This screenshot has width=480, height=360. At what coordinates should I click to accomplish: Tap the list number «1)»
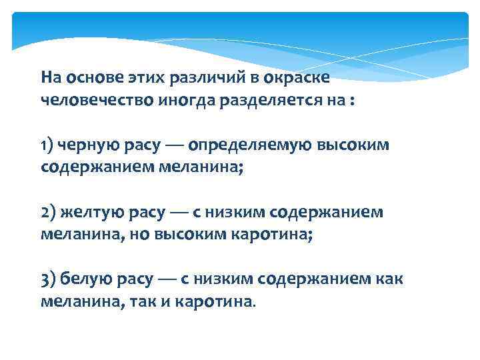(x=47, y=145)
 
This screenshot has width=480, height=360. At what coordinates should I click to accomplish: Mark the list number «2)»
(x=49, y=212)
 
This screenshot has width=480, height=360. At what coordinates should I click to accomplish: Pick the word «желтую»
(x=87, y=212)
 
